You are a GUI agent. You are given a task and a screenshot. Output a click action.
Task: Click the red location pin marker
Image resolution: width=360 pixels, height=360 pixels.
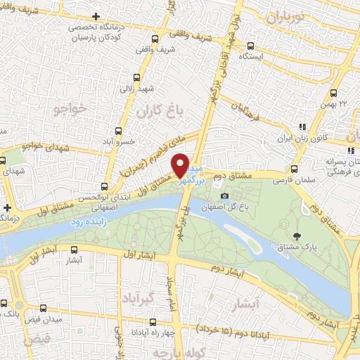coord(180,165)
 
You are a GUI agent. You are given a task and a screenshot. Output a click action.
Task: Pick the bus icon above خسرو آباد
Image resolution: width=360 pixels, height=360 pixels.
coord(118,131)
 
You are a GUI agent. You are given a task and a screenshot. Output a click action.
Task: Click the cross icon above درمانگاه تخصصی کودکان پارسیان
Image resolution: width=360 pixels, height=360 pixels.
coord(96,15)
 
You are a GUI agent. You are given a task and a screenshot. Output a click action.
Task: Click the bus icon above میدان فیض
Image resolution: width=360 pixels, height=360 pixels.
coord(44,308)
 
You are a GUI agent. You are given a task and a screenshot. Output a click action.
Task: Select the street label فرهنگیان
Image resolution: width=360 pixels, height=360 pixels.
coord(251,110)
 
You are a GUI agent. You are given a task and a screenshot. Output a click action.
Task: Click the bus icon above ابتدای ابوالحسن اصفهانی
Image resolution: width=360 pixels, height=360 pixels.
coord(105,187)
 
